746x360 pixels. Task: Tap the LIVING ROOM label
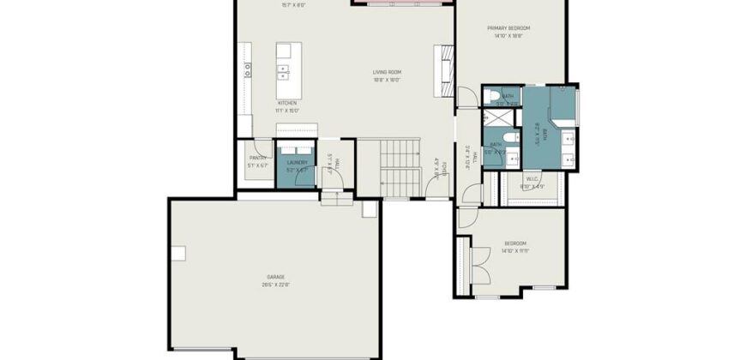coord(387,72)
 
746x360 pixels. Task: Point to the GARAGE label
coord(275,277)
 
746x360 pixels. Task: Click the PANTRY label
coord(258,158)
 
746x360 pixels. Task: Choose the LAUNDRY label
coord(297,161)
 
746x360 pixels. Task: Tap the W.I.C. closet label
coord(532,179)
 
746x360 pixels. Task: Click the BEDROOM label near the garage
coord(515,243)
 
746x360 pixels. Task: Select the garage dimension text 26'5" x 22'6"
coord(276,285)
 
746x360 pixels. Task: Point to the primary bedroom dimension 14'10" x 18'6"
coord(508,36)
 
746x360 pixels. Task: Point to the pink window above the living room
coord(401,2)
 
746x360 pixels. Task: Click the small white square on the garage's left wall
coord(178,253)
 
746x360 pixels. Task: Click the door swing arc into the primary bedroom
coord(465,96)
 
